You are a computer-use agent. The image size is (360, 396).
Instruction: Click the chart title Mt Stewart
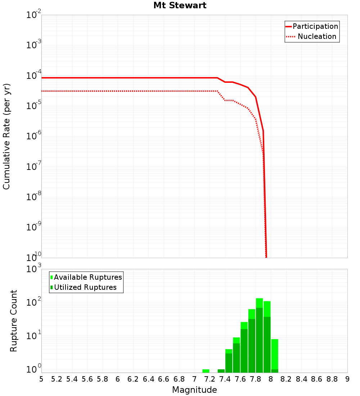[180, 5]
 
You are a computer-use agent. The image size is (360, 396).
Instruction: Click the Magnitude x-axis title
[194, 390]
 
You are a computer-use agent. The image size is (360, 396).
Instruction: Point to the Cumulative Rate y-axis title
[6, 136]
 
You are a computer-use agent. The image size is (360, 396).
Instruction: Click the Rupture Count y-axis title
[14, 320]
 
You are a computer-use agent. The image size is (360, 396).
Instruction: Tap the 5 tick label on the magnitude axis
[41, 379]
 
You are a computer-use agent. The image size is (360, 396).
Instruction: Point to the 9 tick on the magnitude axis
[347, 379]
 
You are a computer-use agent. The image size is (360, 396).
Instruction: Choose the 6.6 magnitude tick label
[164, 379]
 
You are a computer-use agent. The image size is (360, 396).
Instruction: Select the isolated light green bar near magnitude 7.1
[206, 371]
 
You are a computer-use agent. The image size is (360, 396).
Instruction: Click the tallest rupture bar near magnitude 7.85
[259, 335]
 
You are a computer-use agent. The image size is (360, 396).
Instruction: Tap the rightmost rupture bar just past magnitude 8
[275, 355]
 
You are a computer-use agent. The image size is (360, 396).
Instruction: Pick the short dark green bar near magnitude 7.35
[221, 371]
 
